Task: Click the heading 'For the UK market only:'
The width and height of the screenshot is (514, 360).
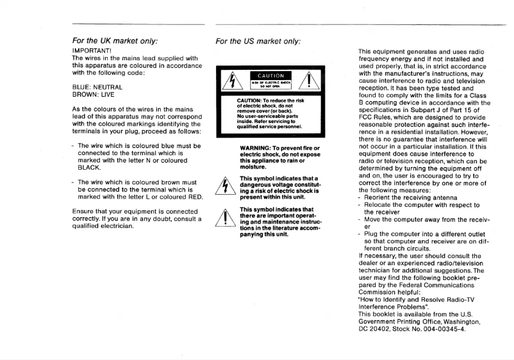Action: (x=115, y=41)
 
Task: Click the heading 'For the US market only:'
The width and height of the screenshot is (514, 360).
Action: (x=258, y=41)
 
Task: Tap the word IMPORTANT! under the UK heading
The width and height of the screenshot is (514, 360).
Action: (x=92, y=50)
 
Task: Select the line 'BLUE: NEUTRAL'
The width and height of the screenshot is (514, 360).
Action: (x=97, y=86)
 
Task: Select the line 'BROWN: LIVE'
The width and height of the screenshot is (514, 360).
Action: (x=93, y=94)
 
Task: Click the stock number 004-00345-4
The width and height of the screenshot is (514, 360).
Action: (x=441, y=329)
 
